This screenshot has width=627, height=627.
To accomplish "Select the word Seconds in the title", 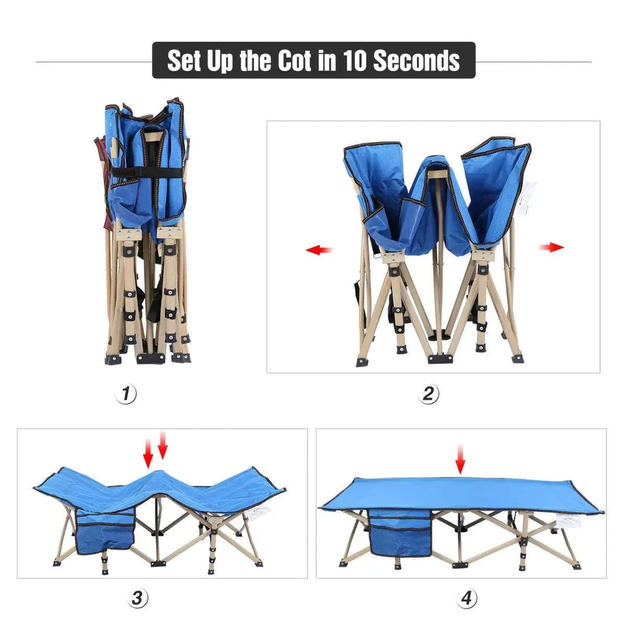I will tap(416, 61).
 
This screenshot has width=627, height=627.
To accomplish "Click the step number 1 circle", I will tap(126, 394).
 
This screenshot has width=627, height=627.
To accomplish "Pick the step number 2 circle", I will tap(429, 394).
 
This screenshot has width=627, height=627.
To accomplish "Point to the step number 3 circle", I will tap(138, 598).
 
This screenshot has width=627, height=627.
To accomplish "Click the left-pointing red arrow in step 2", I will tap(319, 250).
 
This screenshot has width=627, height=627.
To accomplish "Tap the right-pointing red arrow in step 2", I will tap(552, 247).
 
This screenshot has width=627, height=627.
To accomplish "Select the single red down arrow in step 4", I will tap(460, 460).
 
